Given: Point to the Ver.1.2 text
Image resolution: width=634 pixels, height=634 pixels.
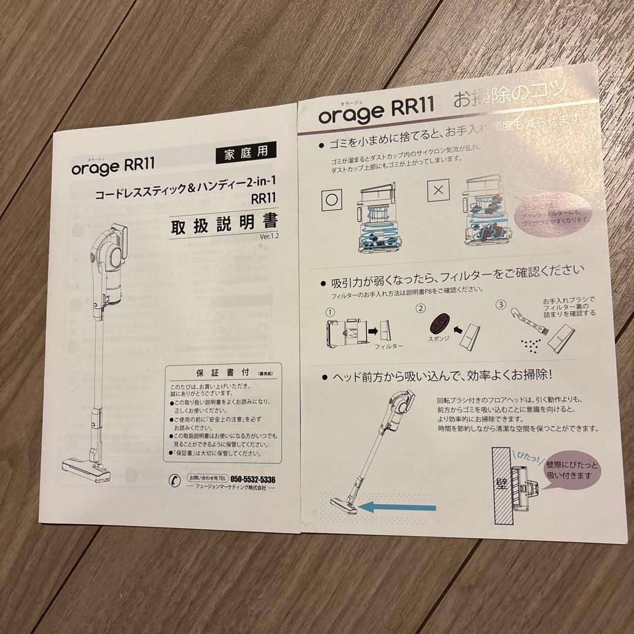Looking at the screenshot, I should pos(269,237).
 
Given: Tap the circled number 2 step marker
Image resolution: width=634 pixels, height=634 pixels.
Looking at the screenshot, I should pos(420,306).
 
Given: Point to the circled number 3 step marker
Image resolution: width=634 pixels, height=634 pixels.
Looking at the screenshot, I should pos(501,305).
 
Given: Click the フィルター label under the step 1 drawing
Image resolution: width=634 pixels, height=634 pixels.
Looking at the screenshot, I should pos(389,346).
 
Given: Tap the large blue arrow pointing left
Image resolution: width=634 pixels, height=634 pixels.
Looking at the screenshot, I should pos(399,507).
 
